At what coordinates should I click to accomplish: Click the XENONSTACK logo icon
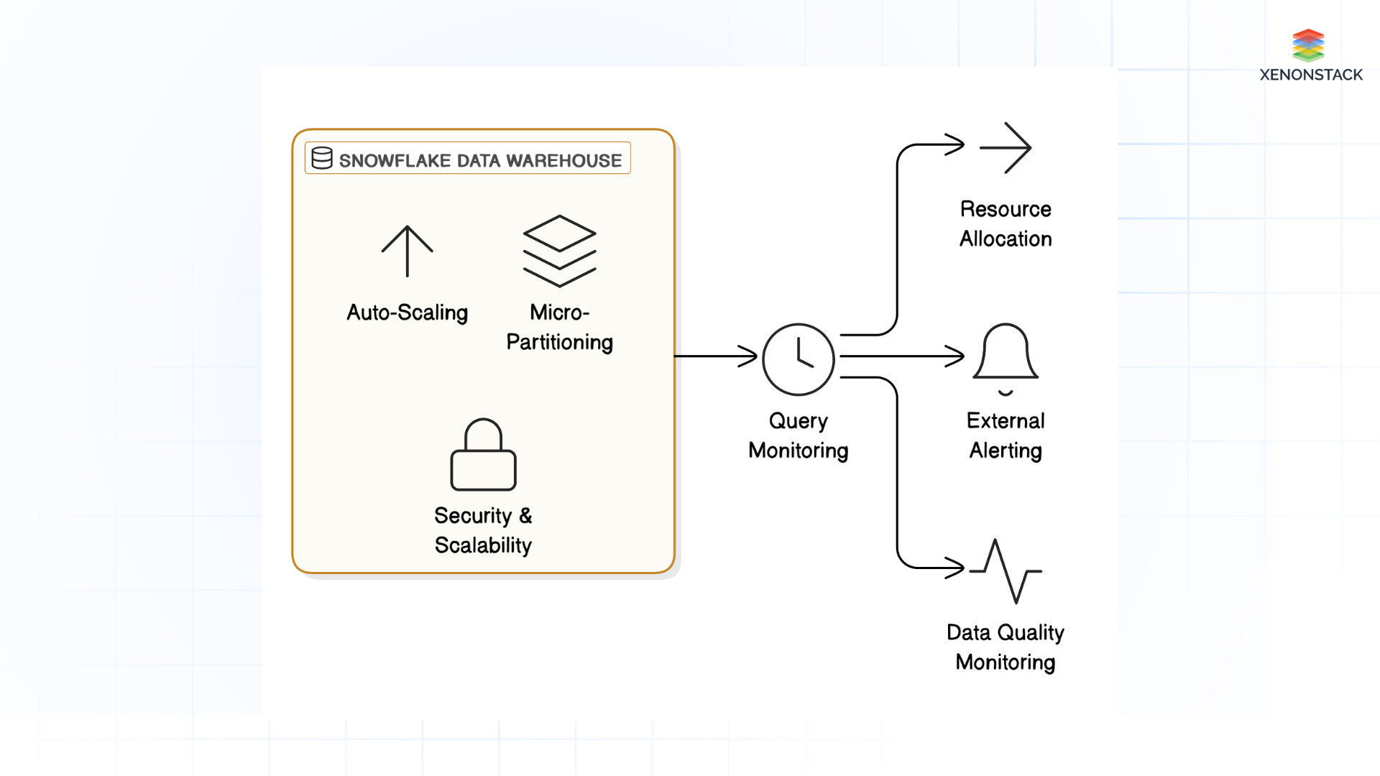(1307, 45)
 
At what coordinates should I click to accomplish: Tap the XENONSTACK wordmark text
(1310, 75)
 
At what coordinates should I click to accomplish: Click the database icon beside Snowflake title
(322, 158)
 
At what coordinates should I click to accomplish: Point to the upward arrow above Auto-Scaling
(407, 251)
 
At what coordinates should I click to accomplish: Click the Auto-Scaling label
(407, 313)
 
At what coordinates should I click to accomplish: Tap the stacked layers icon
(559, 251)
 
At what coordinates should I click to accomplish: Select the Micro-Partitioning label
(559, 328)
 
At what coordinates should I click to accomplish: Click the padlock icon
(483, 455)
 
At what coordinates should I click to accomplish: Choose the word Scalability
(483, 545)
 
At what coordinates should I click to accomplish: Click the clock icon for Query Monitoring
(798, 359)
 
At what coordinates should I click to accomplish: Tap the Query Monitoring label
(798, 435)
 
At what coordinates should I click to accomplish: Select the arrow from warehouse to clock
(715, 356)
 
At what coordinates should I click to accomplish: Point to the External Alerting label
(1005, 435)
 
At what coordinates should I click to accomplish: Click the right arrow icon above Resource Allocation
(1005, 147)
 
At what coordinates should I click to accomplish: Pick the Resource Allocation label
(1005, 224)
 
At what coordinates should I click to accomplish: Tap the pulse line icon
(1005, 571)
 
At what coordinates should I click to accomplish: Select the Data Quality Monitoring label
(1005, 647)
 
